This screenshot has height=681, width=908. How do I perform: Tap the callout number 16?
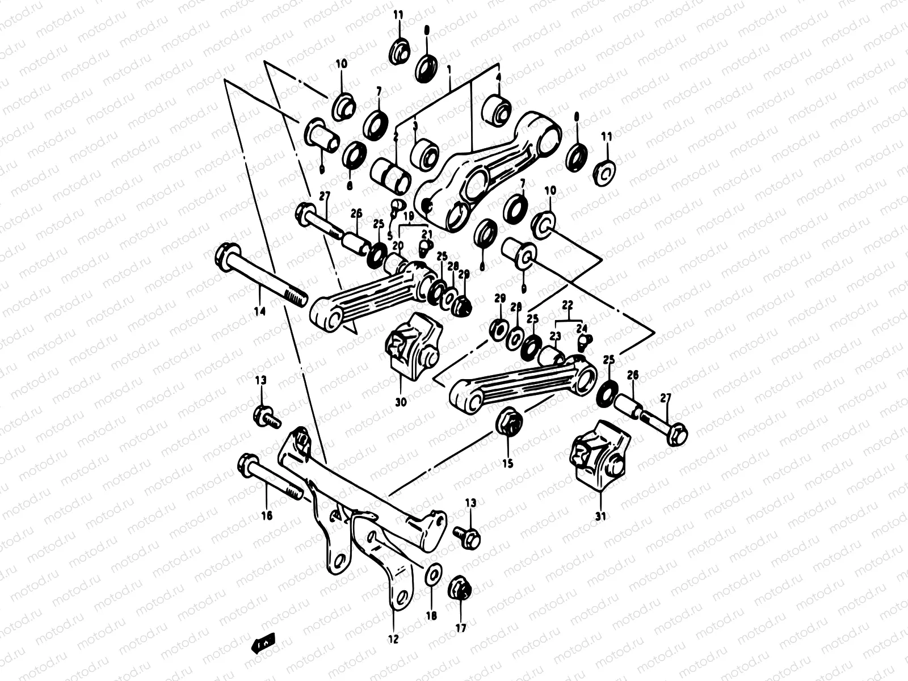pos(267,515)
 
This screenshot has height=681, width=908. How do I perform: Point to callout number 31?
pos(601,516)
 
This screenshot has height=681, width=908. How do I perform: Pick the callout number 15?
pos(507,464)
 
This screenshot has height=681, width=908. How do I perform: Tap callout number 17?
pos(460,628)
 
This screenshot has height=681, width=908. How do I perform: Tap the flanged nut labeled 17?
pos(459,590)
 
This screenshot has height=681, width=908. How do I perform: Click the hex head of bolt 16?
pos(246,464)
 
